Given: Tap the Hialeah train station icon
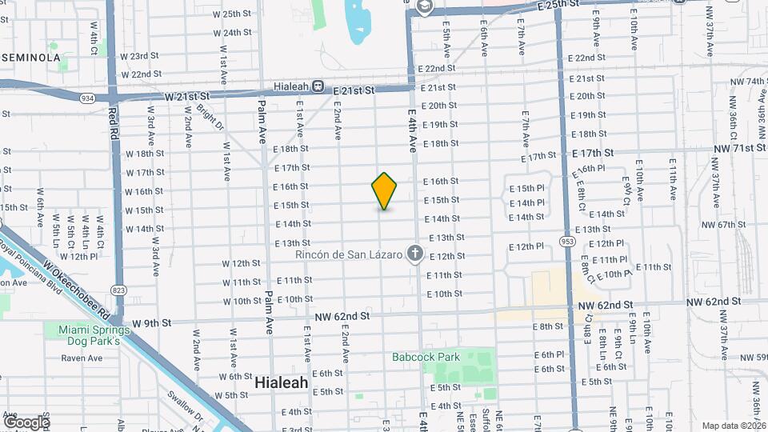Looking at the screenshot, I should click(318, 86).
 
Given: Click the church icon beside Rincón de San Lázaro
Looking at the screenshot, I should click(414, 254).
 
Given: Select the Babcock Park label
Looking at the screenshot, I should click(426, 357).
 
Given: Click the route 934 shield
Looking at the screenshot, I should click(86, 97).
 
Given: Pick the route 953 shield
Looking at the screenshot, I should click(568, 241).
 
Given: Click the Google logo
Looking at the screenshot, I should click(26, 422).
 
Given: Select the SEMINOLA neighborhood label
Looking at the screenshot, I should click(31, 58).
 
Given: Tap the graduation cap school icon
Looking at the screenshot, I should click(423, 7).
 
